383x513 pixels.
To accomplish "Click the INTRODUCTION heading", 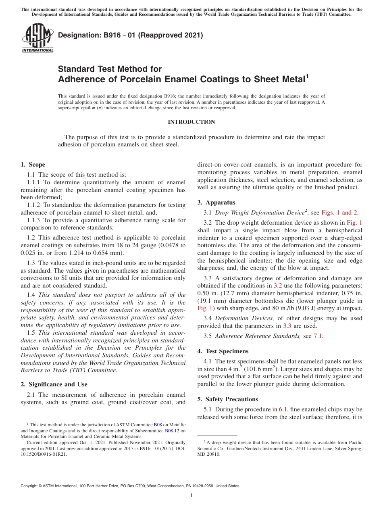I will point(191,122).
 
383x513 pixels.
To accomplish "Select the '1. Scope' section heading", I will point(33,165).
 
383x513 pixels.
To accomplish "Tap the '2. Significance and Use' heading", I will point(54,384).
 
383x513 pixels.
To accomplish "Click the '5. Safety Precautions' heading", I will point(227,399).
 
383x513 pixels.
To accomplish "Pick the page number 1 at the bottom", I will point(191,496).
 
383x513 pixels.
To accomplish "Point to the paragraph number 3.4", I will point(208,318).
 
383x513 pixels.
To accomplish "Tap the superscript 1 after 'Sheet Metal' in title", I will point(307,76).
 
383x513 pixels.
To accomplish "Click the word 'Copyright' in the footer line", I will point(30,486).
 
